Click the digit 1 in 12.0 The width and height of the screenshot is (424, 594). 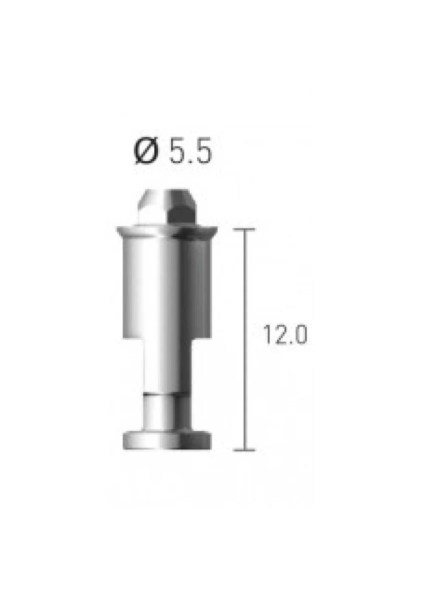[267, 335]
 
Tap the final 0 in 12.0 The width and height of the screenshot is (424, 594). [301, 335]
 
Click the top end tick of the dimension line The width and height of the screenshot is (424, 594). [244, 229]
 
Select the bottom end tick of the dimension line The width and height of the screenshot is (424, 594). [244, 450]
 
